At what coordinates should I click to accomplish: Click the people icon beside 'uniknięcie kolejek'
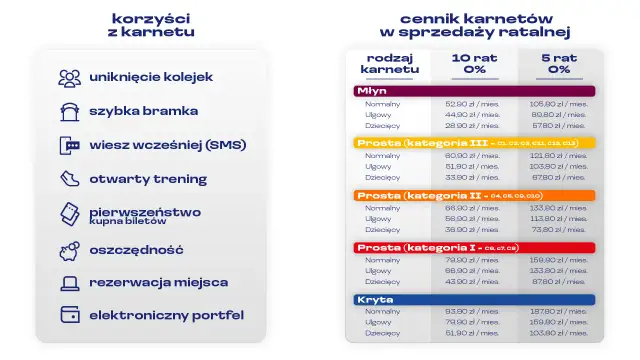(x=69, y=77)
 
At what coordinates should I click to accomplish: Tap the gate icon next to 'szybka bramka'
(x=69, y=111)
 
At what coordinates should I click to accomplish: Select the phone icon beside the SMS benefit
(x=69, y=145)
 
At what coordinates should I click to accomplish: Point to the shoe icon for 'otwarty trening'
(x=69, y=179)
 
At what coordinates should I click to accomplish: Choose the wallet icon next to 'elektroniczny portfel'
(x=69, y=315)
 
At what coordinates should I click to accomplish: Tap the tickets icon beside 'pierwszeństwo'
(x=69, y=214)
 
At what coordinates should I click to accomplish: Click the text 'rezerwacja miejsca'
(x=158, y=282)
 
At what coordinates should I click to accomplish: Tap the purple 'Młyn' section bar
(x=475, y=90)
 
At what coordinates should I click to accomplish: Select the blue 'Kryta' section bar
(x=475, y=299)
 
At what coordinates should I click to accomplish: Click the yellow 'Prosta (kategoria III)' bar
(x=475, y=143)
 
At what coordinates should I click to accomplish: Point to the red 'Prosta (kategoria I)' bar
(x=475, y=247)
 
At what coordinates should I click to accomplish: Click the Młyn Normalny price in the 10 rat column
(x=472, y=103)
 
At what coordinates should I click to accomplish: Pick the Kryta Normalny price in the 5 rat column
(x=557, y=311)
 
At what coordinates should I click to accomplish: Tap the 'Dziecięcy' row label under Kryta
(x=382, y=333)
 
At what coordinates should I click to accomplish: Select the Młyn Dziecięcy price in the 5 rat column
(x=557, y=125)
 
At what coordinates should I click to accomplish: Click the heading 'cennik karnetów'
(x=474, y=18)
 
